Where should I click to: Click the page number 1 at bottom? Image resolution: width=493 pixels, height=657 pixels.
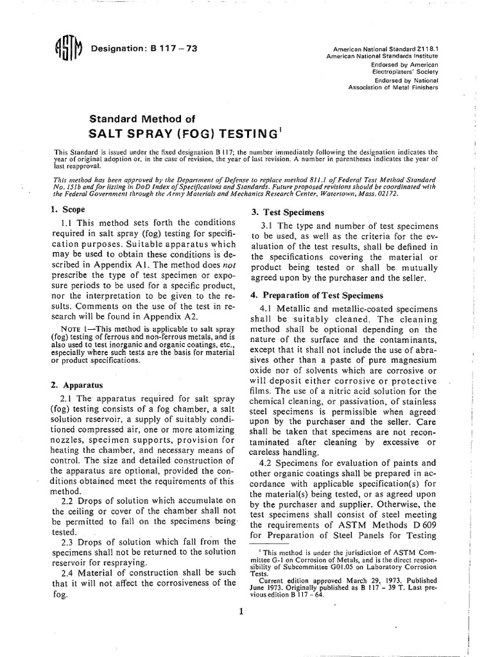(240, 611)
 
